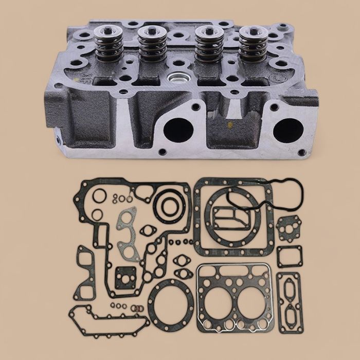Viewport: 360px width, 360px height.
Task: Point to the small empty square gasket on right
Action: (290, 257)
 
